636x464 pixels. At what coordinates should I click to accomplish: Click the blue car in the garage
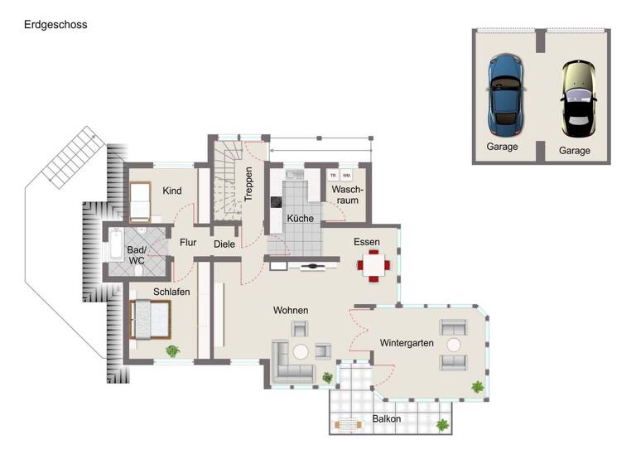pyautogui.click(x=505, y=95)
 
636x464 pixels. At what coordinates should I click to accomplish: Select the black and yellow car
pyautogui.click(x=578, y=99)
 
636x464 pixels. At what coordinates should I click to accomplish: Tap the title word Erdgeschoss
pyautogui.click(x=55, y=25)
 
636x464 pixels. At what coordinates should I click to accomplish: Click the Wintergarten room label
pyautogui.click(x=407, y=342)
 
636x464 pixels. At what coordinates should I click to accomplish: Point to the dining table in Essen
pyautogui.click(x=373, y=266)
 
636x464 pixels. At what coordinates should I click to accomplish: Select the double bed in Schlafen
pyautogui.click(x=149, y=320)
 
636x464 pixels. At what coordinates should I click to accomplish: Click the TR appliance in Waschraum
pyautogui.click(x=333, y=176)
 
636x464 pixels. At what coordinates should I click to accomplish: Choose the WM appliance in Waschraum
pyautogui.click(x=346, y=176)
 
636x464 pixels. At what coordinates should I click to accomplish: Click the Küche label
pyautogui.click(x=300, y=219)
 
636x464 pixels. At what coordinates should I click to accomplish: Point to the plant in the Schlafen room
pyautogui.click(x=172, y=350)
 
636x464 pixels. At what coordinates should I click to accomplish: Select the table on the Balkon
pyautogui.click(x=349, y=426)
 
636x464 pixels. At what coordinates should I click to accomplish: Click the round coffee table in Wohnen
pyautogui.click(x=301, y=351)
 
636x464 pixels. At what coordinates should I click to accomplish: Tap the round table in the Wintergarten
pyautogui.click(x=453, y=344)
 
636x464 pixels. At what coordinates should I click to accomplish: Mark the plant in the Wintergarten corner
pyautogui.click(x=477, y=386)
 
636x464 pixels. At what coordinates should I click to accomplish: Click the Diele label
pyautogui.click(x=224, y=244)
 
